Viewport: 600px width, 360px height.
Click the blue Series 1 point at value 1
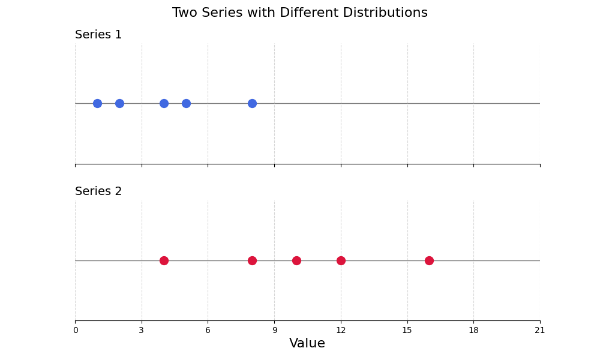click(97, 103)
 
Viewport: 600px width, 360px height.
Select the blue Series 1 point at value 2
click(119, 103)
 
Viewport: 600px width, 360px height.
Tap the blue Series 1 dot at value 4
click(164, 103)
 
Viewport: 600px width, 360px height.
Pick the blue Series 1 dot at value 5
click(186, 103)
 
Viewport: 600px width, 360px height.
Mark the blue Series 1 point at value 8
click(252, 103)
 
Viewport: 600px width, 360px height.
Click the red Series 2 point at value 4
click(164, 260)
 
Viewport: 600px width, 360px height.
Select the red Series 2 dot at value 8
click(252, 260)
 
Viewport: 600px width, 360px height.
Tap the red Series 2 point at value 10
click(296, 260)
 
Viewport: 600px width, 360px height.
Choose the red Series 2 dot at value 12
click(341, 260)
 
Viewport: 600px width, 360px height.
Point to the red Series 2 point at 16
click(429, 260)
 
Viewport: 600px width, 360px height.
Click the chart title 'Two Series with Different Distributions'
click(300, 13)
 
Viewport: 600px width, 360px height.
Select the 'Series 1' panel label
click(98, 35)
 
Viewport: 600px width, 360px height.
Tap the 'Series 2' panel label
click(98, 191)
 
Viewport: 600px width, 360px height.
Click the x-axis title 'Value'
click(307, 343)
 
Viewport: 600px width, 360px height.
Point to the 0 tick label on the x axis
click(76, 330)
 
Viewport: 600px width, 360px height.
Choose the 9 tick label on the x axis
click(274, 330)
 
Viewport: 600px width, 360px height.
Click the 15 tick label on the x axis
click(407, 330)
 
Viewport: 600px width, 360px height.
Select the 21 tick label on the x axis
click(540, 330)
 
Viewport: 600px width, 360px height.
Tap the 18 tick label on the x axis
click(473, 330)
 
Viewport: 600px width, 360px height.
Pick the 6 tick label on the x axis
click(208, 330)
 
